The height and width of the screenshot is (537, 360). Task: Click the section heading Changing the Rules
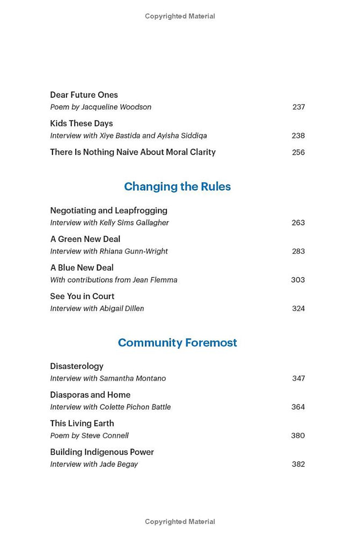click(177, 187)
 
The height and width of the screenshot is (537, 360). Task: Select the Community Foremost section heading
click(177, 343)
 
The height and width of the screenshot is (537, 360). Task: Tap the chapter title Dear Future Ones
click(84, 95)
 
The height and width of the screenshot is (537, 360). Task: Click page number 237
click(298, 107)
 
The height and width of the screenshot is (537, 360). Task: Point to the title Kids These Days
click(81, 124)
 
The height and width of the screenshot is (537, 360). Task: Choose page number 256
click(298, 153)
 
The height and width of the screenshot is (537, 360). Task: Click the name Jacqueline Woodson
click(116, 107)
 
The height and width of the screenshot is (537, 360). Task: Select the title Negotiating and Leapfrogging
click(108, 211)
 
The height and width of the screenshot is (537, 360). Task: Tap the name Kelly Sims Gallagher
click(134, 223)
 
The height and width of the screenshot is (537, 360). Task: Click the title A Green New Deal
click(85, 239)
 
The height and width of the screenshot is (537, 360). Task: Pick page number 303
click(298, 280)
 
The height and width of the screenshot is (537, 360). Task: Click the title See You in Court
click(82, 296)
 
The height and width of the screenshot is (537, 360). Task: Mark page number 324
click(298, 309)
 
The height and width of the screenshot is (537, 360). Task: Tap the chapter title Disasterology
click(77, 366)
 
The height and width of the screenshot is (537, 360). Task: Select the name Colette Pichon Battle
click(135, 407)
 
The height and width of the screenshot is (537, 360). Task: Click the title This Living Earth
click(82, 424)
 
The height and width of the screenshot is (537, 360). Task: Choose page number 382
click(298, 465)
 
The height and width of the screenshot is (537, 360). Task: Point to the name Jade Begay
click(119, 465)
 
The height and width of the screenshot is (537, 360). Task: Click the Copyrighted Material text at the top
click(180, 17)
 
